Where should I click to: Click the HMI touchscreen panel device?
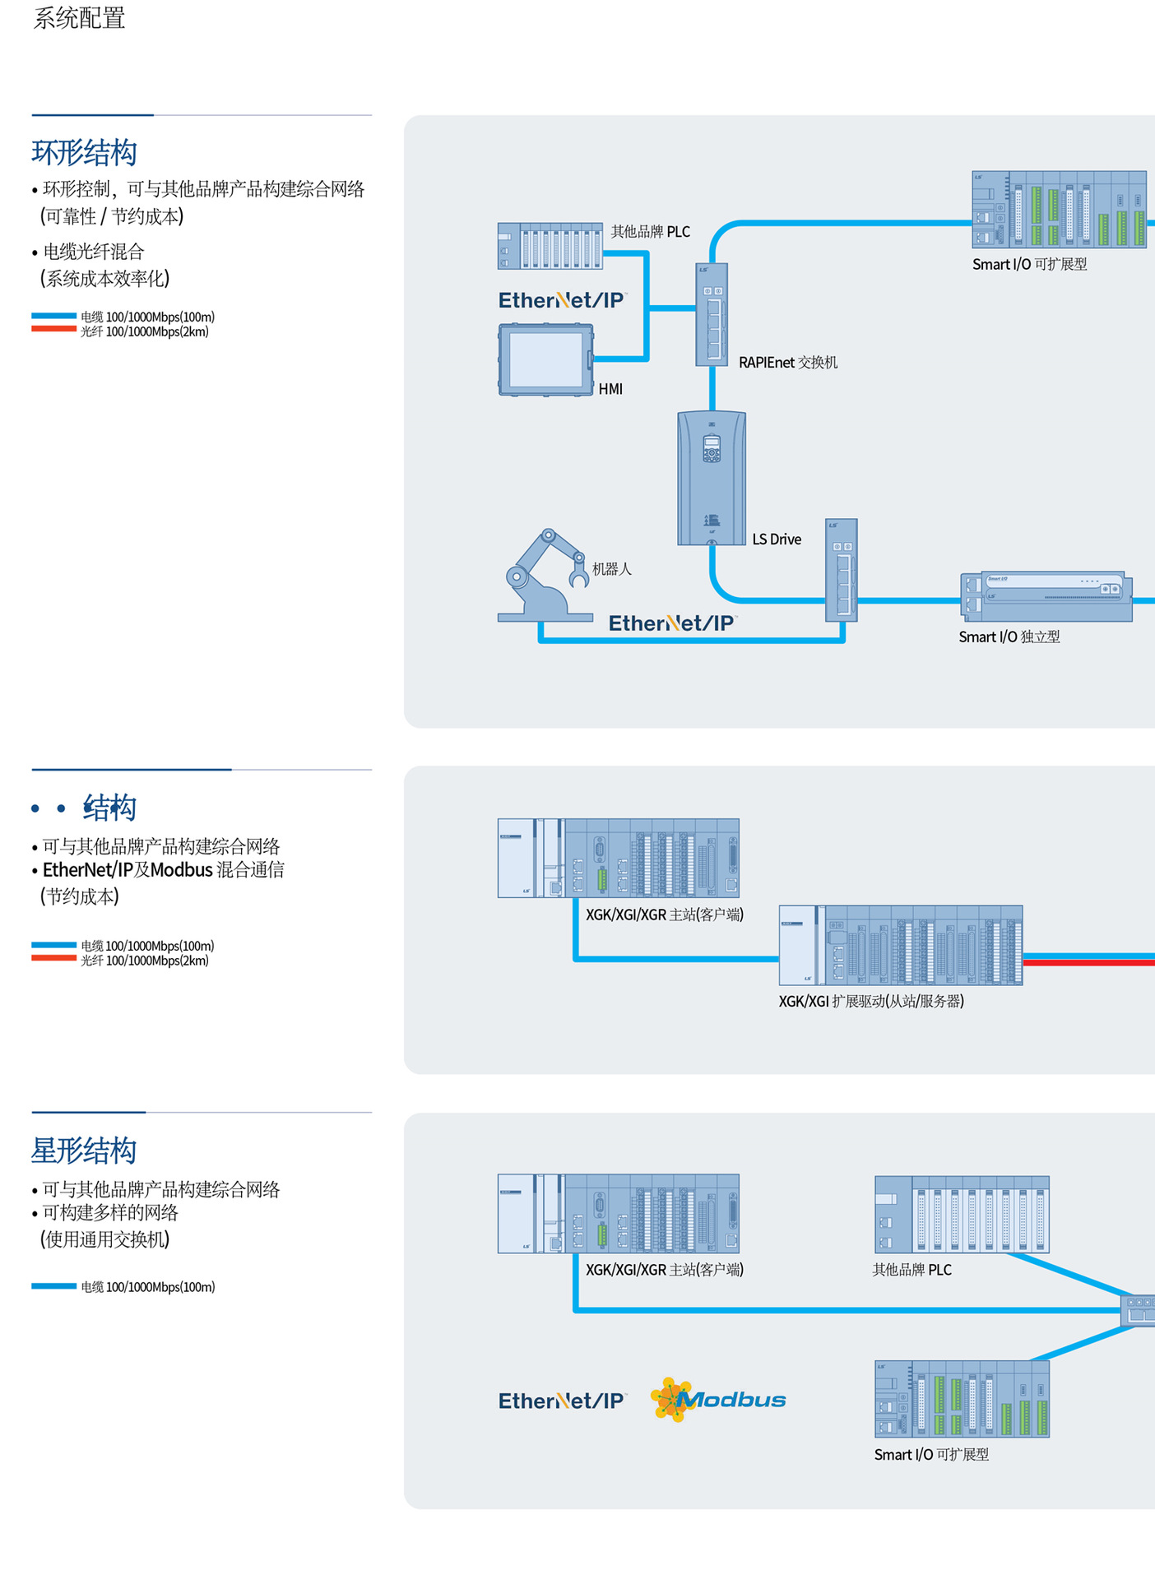coord(545,359)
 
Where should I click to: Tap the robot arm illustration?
coord(543,576)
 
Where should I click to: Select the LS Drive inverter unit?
coord(712,478)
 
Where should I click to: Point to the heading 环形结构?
coord(84,153)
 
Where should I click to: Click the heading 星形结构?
coord(84,1151)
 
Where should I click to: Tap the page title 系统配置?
coord(79,18)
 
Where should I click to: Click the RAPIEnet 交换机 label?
coord(787,363)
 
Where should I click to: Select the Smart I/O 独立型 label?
coord(1009,637)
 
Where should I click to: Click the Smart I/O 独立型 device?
coord(1046,596)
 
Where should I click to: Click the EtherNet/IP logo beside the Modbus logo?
coord(562,1401)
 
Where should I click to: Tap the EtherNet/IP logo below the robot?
coord(671,623)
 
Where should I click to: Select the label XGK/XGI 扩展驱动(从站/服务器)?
coord(871,1002)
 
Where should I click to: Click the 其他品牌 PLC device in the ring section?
coord(550,246)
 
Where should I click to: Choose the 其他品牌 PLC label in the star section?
coord(911,1270)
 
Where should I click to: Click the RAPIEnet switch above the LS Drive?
coord(712,314)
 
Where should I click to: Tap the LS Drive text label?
coord(777,539)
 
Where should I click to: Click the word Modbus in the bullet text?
coord(181,869)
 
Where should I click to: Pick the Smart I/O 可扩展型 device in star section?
coord(962,1399)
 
